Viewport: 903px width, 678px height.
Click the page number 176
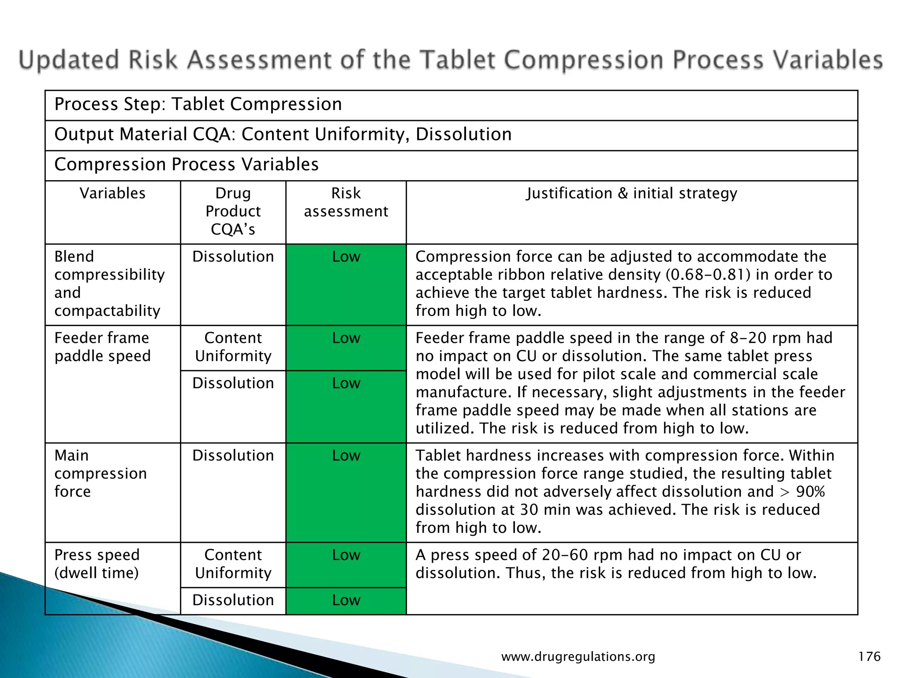pos(869,657)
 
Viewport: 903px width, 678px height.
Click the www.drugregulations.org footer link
pos(578,657)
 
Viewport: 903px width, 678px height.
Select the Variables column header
pos(112,193)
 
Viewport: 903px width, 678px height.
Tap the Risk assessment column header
pos(346,202)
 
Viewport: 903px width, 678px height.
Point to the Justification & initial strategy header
pos(631,193)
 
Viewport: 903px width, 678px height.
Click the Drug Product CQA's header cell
pos(233,211)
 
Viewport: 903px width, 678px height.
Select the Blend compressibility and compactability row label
pos(109,283)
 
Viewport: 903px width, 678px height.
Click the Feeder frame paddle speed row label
pos(102,347)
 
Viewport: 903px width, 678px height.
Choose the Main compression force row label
pos(100,473)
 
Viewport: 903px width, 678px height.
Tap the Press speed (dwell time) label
pos(97,564)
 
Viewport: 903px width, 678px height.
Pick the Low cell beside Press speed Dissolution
pos(346,600)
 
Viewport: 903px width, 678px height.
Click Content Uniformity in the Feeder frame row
pos(233,347)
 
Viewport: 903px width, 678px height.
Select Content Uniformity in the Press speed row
pos(233,564)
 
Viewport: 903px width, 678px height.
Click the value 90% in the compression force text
pos(810,492)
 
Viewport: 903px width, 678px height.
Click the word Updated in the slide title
pos(69,60)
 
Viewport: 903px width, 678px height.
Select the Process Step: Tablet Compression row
pos(198,105)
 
